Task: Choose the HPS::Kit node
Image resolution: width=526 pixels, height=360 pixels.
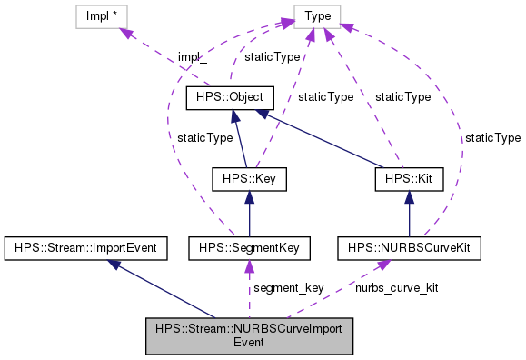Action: point(408,179)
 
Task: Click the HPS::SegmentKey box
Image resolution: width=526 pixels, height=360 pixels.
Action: point(249,246)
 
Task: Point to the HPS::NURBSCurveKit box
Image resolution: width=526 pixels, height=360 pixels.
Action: point(408,246)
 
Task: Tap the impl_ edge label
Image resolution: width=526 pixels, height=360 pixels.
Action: point(193,56)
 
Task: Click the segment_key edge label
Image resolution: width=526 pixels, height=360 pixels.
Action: point(288,288)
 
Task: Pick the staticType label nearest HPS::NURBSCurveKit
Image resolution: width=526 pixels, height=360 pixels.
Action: point(492,137)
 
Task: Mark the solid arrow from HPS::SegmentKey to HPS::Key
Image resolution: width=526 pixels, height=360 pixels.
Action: point(248,214)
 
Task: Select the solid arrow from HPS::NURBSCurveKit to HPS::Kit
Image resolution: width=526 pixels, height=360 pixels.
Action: point(408,214)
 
